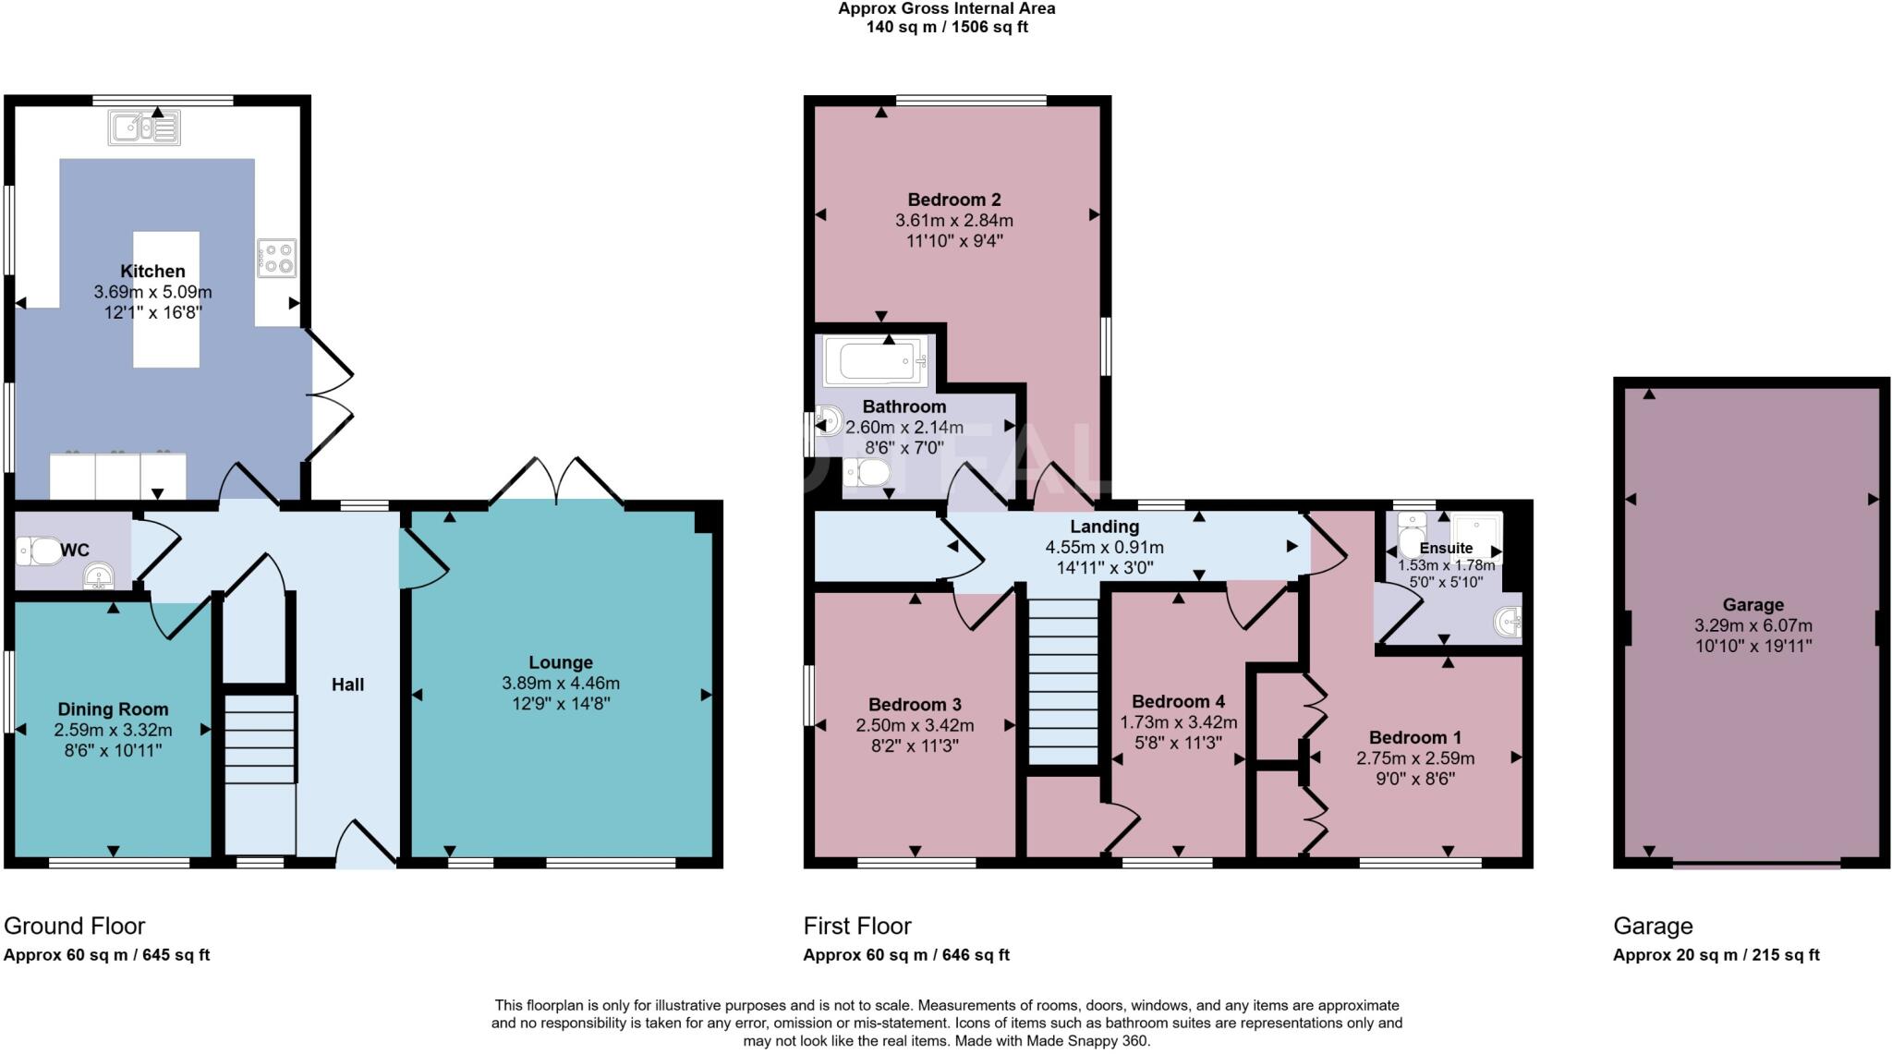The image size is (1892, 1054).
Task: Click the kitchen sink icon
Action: tap(144, 128)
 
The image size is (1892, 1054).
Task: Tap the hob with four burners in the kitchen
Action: tap(276, 258)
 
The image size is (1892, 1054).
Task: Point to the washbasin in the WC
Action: tap(99, 578)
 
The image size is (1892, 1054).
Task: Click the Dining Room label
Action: tap(113, 709)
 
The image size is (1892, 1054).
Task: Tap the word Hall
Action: tap(348, 684)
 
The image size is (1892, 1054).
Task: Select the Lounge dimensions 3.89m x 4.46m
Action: tap(560, 684)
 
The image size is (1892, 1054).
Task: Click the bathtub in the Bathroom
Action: tap(874, 361)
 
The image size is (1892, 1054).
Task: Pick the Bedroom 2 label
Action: tap(953, 200)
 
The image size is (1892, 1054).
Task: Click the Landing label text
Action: tap(1104, 527)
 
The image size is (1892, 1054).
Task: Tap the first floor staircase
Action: tap(1063, 681)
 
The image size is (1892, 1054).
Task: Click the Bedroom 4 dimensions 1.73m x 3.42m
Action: tap(1178, 722)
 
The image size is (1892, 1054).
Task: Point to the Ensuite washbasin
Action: tap(1508, 622)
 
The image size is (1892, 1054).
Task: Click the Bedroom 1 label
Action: tap(1414, 737)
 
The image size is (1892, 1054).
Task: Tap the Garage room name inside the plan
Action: tap(1753, 605)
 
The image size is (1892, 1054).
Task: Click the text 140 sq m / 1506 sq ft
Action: tap(946, 27)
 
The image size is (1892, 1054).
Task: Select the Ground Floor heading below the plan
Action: tap(75, 926)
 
